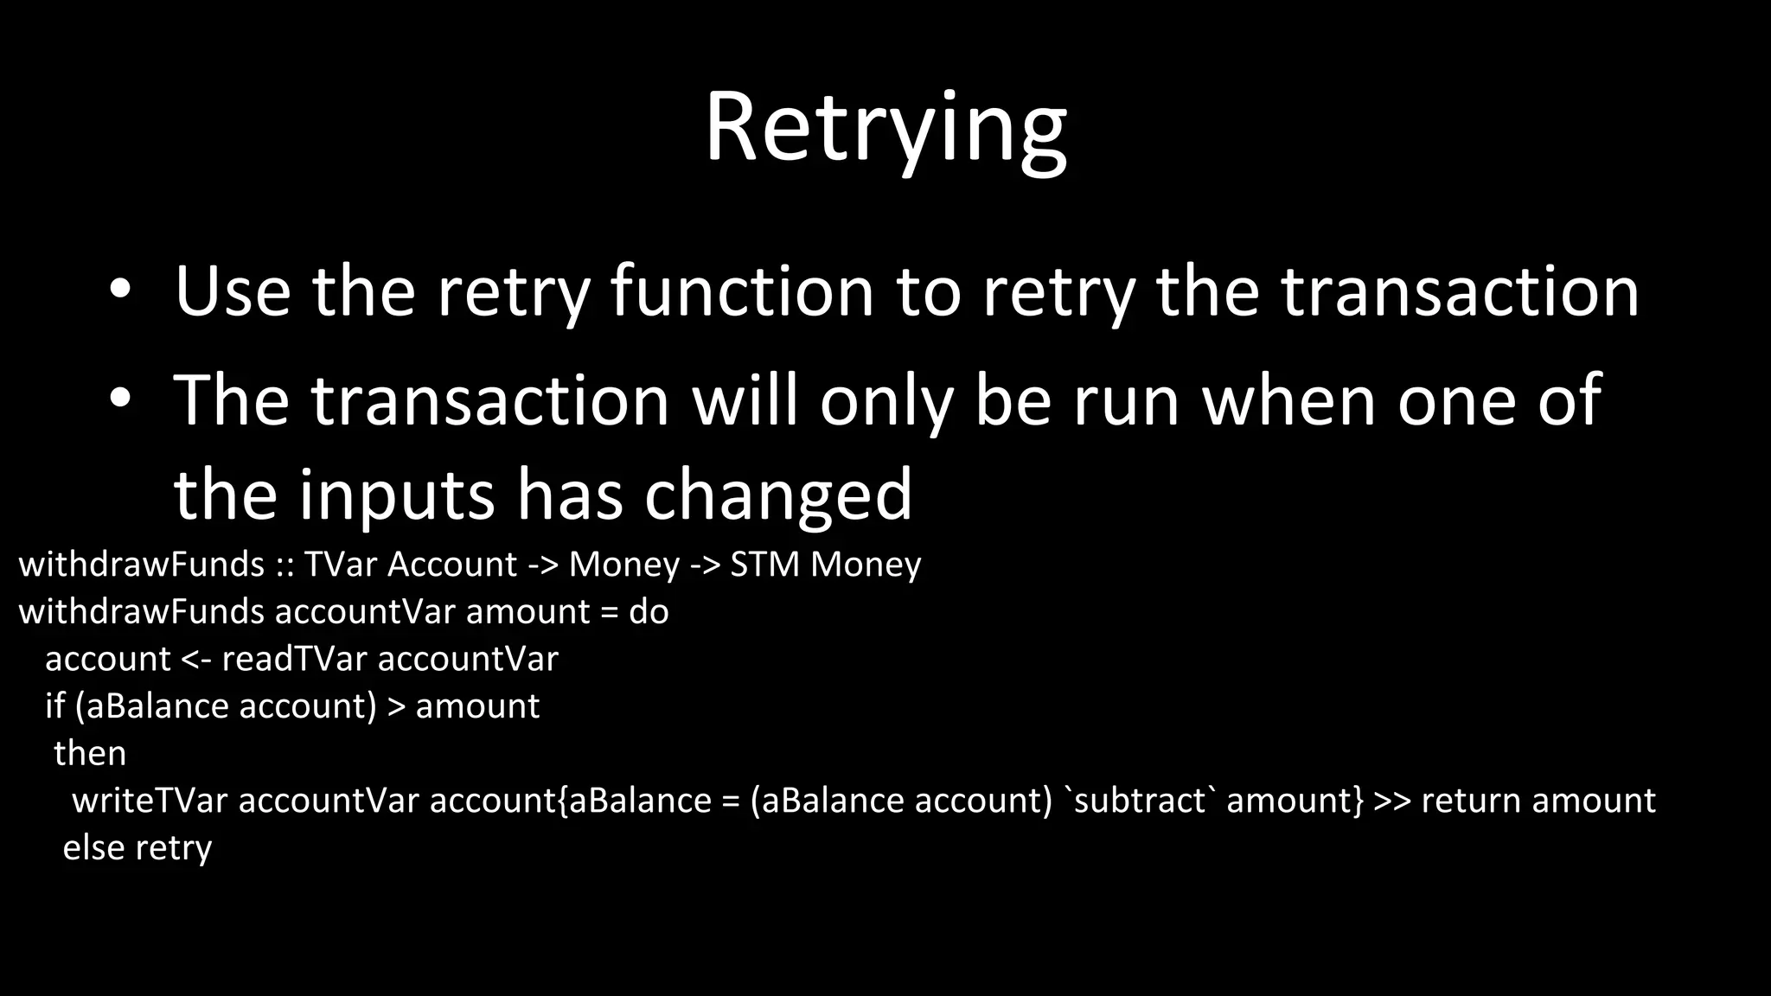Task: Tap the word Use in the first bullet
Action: click(232, 291)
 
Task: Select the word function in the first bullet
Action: click(742, 291)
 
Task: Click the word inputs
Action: click(397, 495)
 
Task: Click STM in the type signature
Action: click(764, 565)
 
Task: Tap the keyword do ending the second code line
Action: click(649, 612)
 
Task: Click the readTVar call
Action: click(294, 659)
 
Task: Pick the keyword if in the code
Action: click(54, 706)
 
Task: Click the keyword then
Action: click(90, 753)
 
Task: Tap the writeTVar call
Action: click(150, 801)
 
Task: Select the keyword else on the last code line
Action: click(93, 847)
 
